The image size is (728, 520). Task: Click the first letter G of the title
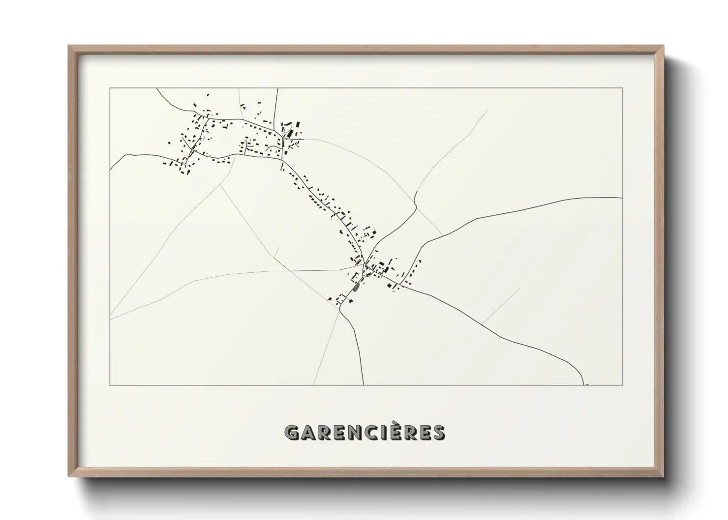coord(292,433)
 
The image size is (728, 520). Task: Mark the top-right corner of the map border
coord(623,88)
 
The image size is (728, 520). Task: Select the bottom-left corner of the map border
coord(110,385)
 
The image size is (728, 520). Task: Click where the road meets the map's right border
coord(623,198)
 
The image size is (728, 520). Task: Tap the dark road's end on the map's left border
coord(110,168)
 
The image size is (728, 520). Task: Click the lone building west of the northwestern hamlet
coord(169,143)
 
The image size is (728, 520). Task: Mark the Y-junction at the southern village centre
coord(364,265)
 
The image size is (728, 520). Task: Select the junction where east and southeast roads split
coord(401,285)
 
